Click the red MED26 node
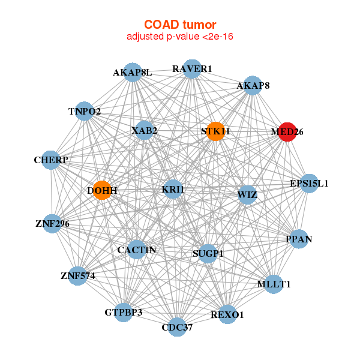[x=287, y=132]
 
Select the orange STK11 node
[x=215, y=131]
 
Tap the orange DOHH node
[x=102, y=190]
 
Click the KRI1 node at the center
[x=173, y=189]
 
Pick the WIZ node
[x=247, y=195]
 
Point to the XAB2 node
[x=144, y=130]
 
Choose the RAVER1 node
[x=192, y=69]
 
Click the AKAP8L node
[x=133, y=73]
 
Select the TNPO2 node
[x=84, y=111]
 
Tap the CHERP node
[x=51, y=160]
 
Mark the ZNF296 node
[x=52, y=224]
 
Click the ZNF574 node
[x=78, y=276]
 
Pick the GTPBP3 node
[x=124, y=313]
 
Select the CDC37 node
[x=177, y=327]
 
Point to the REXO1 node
[x=227, y=314]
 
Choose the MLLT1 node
[x=274, y=284]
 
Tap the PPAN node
[x=299, y=239]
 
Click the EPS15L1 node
[x=309, y=184]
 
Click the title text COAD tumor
[x=180, y=25]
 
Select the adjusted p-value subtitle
[x=180, y=37]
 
